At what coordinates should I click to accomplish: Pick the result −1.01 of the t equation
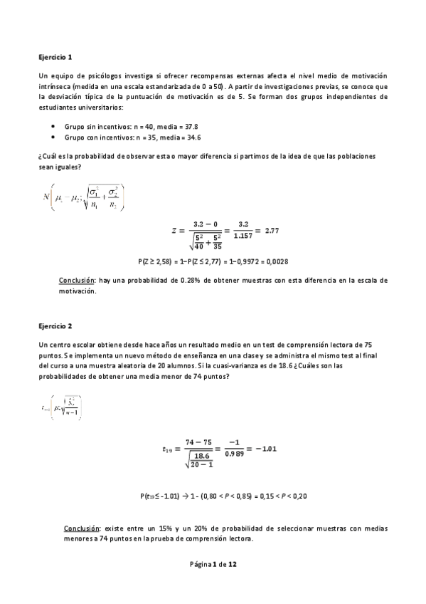point(265,448)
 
